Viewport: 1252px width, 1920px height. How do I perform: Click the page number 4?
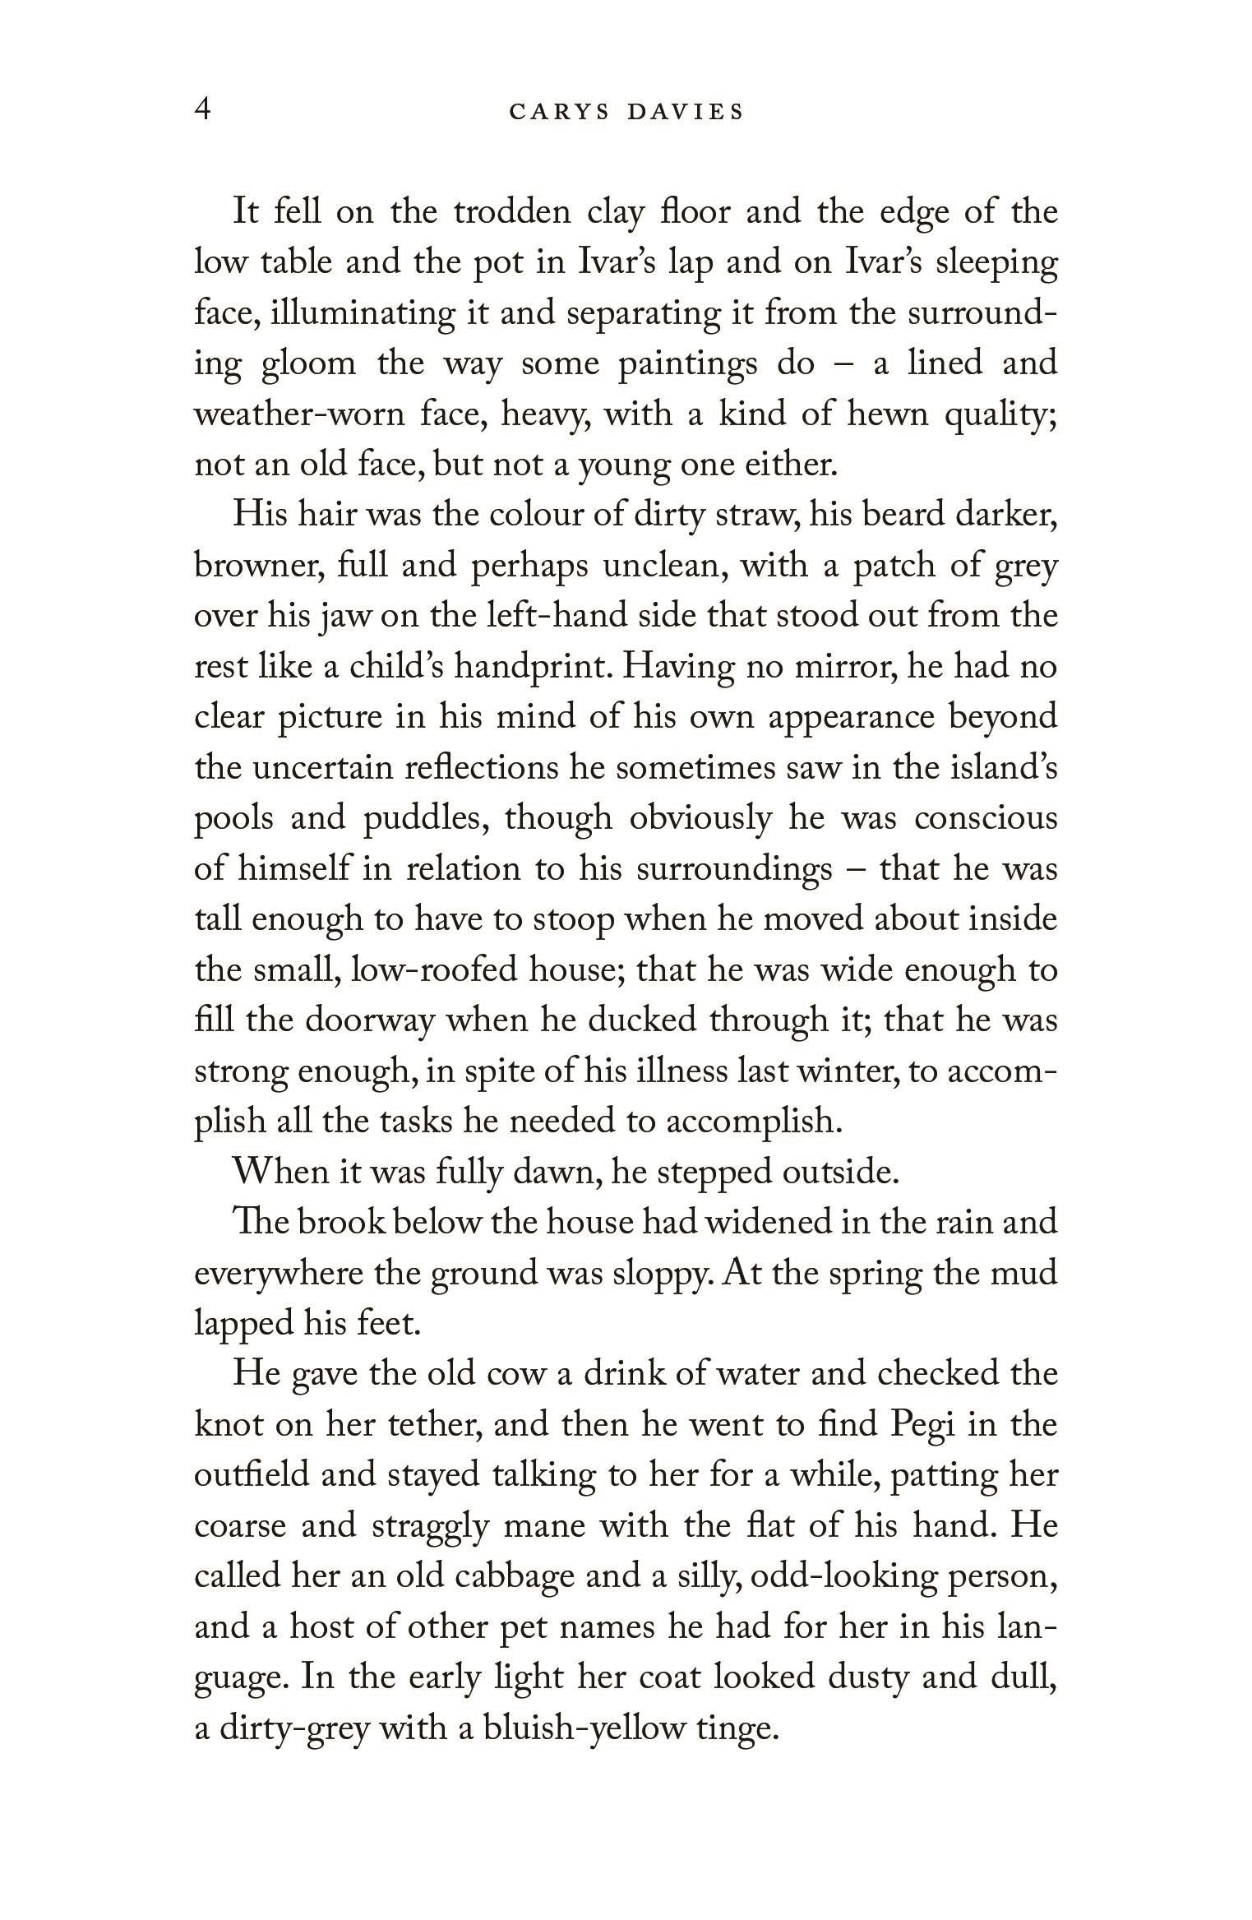[203, 109]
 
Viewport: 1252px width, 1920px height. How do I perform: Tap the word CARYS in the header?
[559, 112]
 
